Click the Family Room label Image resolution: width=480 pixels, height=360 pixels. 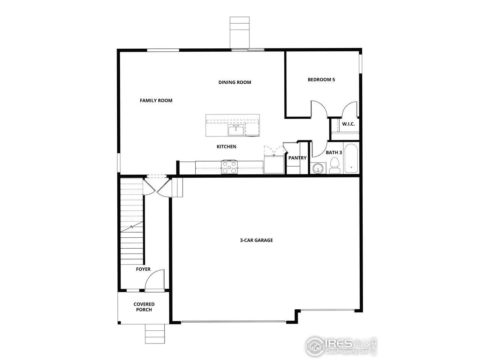click(156, 100)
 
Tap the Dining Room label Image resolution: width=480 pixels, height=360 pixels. click(235, 82)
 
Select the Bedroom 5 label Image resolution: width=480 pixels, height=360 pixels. click(321, 79)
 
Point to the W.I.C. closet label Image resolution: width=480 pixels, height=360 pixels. click(348, 124)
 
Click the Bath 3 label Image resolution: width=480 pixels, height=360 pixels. click(333, 153)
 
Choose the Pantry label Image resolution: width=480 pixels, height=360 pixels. click(297, 158)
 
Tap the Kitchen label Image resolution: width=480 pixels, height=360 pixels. click(226, 147)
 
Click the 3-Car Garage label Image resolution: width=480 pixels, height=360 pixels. click(256, 240)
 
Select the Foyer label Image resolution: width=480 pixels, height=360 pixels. click(143, 269)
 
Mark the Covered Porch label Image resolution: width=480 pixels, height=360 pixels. click(144, 307)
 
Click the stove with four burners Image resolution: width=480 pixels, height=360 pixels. click(229, 167)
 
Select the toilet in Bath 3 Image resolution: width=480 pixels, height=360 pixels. click(334, 166)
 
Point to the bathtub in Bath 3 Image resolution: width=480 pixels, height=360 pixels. click(351, 158)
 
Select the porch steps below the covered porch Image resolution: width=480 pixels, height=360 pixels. click(155, 333)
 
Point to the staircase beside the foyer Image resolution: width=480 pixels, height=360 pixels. click(132, 221)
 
